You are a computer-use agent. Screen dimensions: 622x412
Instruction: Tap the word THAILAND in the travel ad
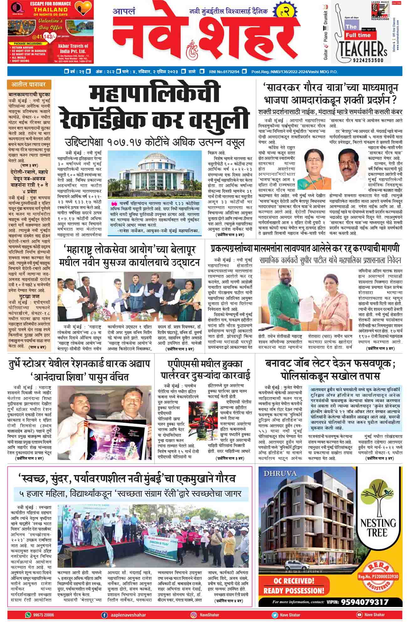click(46, 10)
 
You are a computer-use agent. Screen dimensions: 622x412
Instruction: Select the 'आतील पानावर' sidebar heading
click(29, 84)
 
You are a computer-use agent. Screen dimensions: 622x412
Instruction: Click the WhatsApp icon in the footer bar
click(28, 615)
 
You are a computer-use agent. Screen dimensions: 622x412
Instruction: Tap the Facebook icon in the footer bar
click(104, 615)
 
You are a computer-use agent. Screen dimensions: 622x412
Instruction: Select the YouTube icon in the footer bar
click(359, 615)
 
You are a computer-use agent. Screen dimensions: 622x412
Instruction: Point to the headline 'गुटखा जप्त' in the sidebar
click(29, 296)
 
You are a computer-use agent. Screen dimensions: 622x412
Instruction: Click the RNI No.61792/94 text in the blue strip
click(224, 72)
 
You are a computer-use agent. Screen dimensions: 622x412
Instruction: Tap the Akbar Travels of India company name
click(73, 48)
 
